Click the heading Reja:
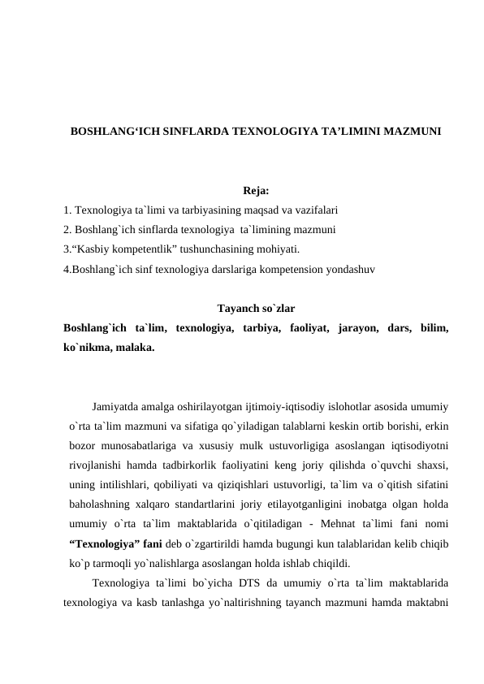pyautogui.click(x=256, y=192)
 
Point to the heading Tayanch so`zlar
pyautogui.click(x=256, y=309)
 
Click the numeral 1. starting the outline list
pyautogui.click(x=67, y=210)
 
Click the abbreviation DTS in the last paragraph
pyautogui.click(x=227, y=582)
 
